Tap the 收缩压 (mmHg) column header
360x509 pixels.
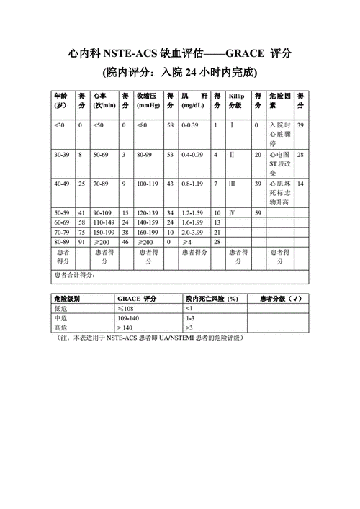click(148, 101)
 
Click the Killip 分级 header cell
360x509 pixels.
click(238, 101)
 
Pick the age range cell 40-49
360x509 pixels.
click(62, 184)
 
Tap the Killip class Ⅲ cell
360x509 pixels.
click(232, 184)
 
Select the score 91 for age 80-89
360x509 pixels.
click(82, 242)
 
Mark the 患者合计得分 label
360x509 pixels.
click(75, 276)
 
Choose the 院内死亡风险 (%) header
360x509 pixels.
click(212, 298)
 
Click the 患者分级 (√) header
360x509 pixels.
click(276, 298)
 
